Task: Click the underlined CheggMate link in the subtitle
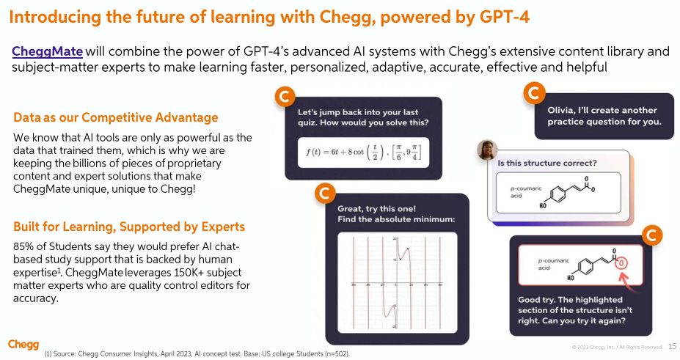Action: coord(47,51)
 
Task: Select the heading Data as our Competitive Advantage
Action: coord(116,117)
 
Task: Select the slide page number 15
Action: coord(673,345)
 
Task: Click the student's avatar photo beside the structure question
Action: coord(487,150)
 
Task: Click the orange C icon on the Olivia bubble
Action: coord(535,93)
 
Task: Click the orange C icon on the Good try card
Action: coord(651,235)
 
